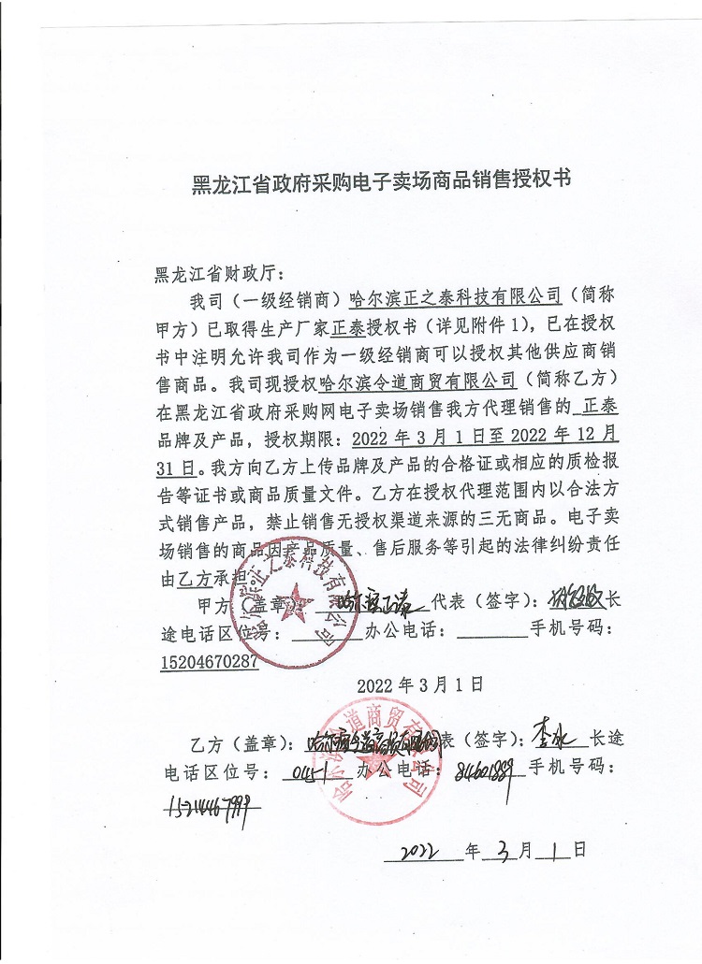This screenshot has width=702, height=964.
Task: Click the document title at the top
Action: tap(380, 180)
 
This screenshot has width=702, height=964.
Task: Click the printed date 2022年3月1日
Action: tap(419, 684)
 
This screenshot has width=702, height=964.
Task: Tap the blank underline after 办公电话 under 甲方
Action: tap(495, 633)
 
